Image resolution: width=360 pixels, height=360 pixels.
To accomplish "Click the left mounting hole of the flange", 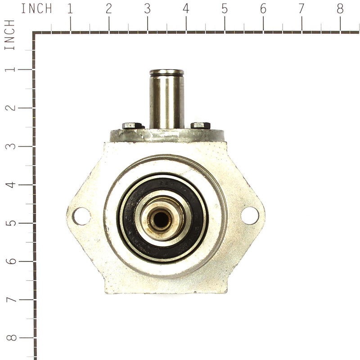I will (x=81, y=216).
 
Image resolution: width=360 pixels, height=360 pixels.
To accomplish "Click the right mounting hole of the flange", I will (x=250, y=215).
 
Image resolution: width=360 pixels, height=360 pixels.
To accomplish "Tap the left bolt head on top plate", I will (x=133, y=126).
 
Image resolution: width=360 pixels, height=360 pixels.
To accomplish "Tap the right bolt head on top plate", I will (x=200, y=125).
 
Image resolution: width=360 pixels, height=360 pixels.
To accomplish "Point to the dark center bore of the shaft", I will (x=160, y=219).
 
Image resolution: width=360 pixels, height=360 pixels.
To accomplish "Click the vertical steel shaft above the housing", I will (x=166, y=101).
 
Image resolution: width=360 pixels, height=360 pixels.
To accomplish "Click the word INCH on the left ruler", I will (x=10, y=35).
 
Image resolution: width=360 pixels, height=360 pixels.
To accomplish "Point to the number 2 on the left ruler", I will (x=10, y=108).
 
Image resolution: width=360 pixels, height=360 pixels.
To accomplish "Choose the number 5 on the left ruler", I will (x=10, y=223).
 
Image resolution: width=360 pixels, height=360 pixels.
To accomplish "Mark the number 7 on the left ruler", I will (x=10, y=300).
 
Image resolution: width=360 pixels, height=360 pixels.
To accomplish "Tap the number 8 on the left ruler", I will (x=10, y=338).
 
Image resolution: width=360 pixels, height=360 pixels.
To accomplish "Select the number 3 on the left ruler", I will (x=10, y=146).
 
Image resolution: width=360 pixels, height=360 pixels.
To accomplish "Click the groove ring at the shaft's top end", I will (x=166, y=73).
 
